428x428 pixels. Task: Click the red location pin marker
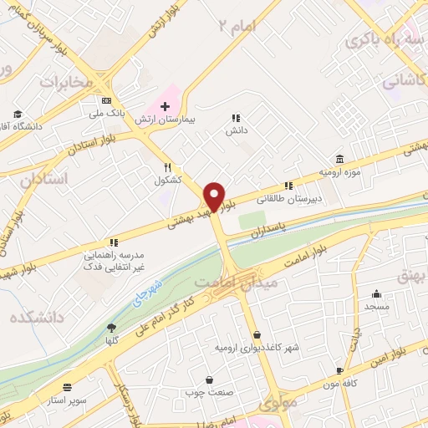[x=215, y=196]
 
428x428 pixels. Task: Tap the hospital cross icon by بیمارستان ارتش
[x=165, y=106]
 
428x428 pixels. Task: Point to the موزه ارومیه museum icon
[x=339, y=159]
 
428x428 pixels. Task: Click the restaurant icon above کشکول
[x=167, y=166]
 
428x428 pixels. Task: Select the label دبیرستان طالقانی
[x=287, y=199]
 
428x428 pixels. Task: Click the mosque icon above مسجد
[x=377, y=294]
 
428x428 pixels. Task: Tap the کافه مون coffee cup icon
[x=339, y=369]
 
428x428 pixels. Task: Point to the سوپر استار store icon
[x=67, y=388]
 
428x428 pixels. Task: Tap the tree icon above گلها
[x=112, y=328]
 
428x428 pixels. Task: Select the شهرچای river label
[x=149, y=295]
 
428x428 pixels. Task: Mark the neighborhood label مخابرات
[x=64, y=82]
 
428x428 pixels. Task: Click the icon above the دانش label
[x=236, y=118]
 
